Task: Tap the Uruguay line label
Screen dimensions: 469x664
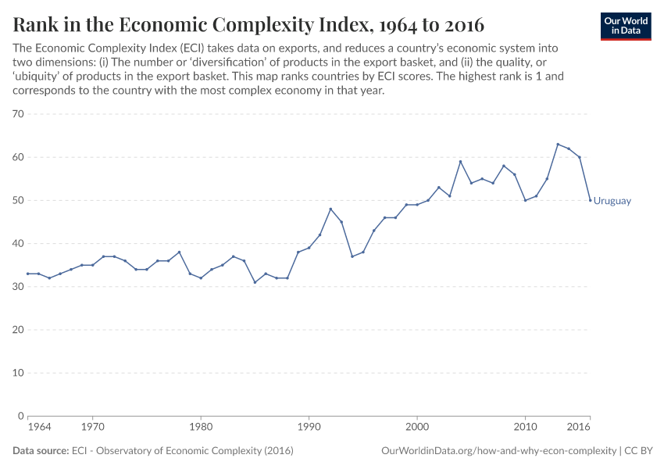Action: coord(612,201)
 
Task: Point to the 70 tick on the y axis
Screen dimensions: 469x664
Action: coord(19,114)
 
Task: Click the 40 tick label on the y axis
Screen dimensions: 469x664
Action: coord(19,244)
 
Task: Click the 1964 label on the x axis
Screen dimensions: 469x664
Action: coord(39,428)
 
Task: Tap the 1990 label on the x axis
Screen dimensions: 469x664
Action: coord(309,428)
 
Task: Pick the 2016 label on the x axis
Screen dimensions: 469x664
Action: coord(579,428)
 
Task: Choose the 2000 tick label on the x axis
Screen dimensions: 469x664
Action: coord(417,428)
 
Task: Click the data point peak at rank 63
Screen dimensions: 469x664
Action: coord(558,145)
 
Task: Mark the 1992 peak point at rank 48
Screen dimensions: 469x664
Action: coord(330,209)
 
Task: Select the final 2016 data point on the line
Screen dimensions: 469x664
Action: coord(590,200)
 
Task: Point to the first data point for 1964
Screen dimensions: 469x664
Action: coord(28,274)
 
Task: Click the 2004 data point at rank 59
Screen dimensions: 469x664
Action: coord(460,162)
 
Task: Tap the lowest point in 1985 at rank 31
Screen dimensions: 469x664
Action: coord(255,282)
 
